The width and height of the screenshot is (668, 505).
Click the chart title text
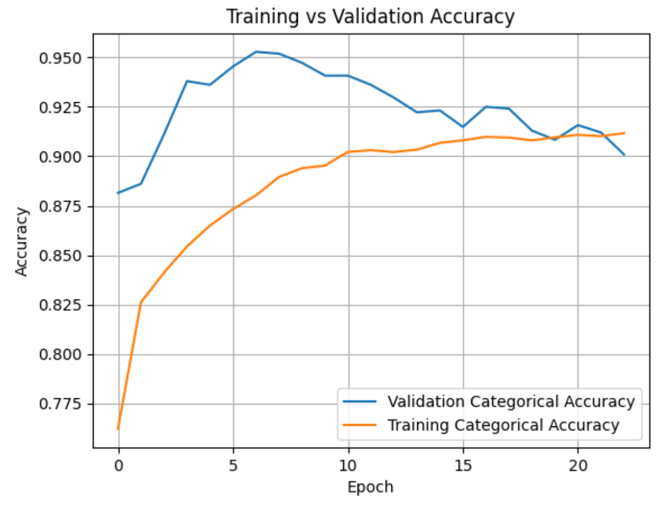pos(370,17)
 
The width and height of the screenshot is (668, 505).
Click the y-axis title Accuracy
pos(21,242)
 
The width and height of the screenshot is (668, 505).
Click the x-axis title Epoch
pos(370,487)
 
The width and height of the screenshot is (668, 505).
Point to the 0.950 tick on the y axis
pos(60,58)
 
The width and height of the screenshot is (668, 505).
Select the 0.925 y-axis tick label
pos(60,107)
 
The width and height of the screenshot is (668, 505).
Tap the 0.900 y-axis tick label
pos(60,157)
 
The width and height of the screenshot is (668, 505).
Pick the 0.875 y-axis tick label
pos(60,207)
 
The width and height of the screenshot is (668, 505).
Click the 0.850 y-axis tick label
pos(60,256)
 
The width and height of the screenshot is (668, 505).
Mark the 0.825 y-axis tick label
pos(60,305)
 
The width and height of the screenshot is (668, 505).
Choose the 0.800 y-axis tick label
pos(60,355)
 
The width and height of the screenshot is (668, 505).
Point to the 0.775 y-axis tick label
pos(60,405)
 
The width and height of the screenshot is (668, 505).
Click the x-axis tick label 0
pos(118,463)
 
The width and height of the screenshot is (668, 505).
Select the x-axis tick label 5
pos(233,463)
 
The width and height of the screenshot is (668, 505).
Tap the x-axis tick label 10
pos(348,463)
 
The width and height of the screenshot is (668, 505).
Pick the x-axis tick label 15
pos(463,463)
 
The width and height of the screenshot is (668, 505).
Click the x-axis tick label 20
pos(577,463)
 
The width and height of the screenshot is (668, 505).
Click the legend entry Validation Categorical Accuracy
pos(511,401)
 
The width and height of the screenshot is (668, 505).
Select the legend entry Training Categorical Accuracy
pos(503,425)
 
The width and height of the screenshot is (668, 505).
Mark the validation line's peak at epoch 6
pos(256,52)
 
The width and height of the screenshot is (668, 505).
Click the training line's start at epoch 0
pos(118,429)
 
